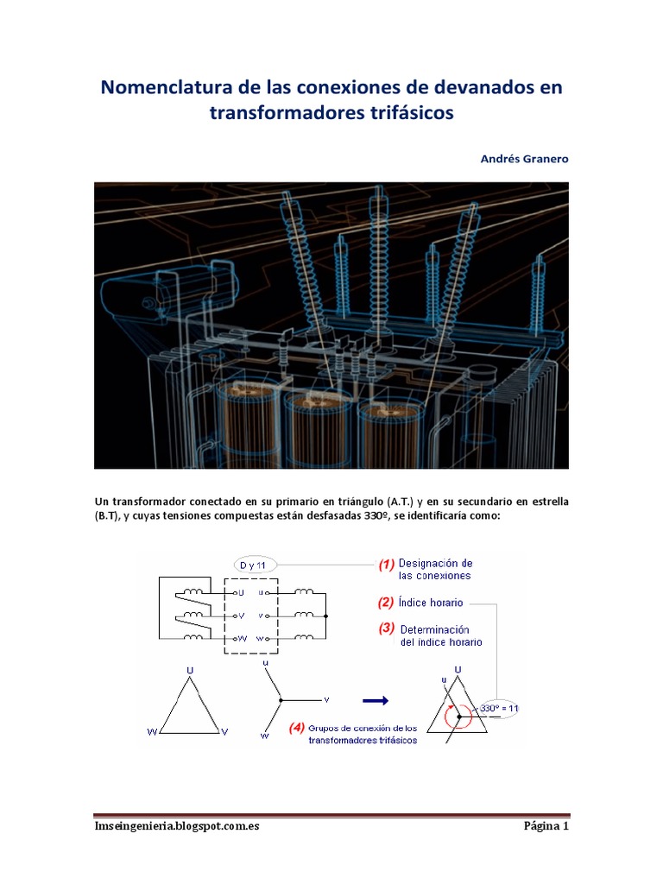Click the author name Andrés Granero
[524, 158]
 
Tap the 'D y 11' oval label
[253, 565]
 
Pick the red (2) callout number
[388, 602]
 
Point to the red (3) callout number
[388, 628]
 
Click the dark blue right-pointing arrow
[374, 701]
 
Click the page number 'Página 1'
[546, 826]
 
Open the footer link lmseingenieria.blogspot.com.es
[177, 826]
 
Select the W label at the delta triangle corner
[152, 733]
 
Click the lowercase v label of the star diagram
[326, 698]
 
